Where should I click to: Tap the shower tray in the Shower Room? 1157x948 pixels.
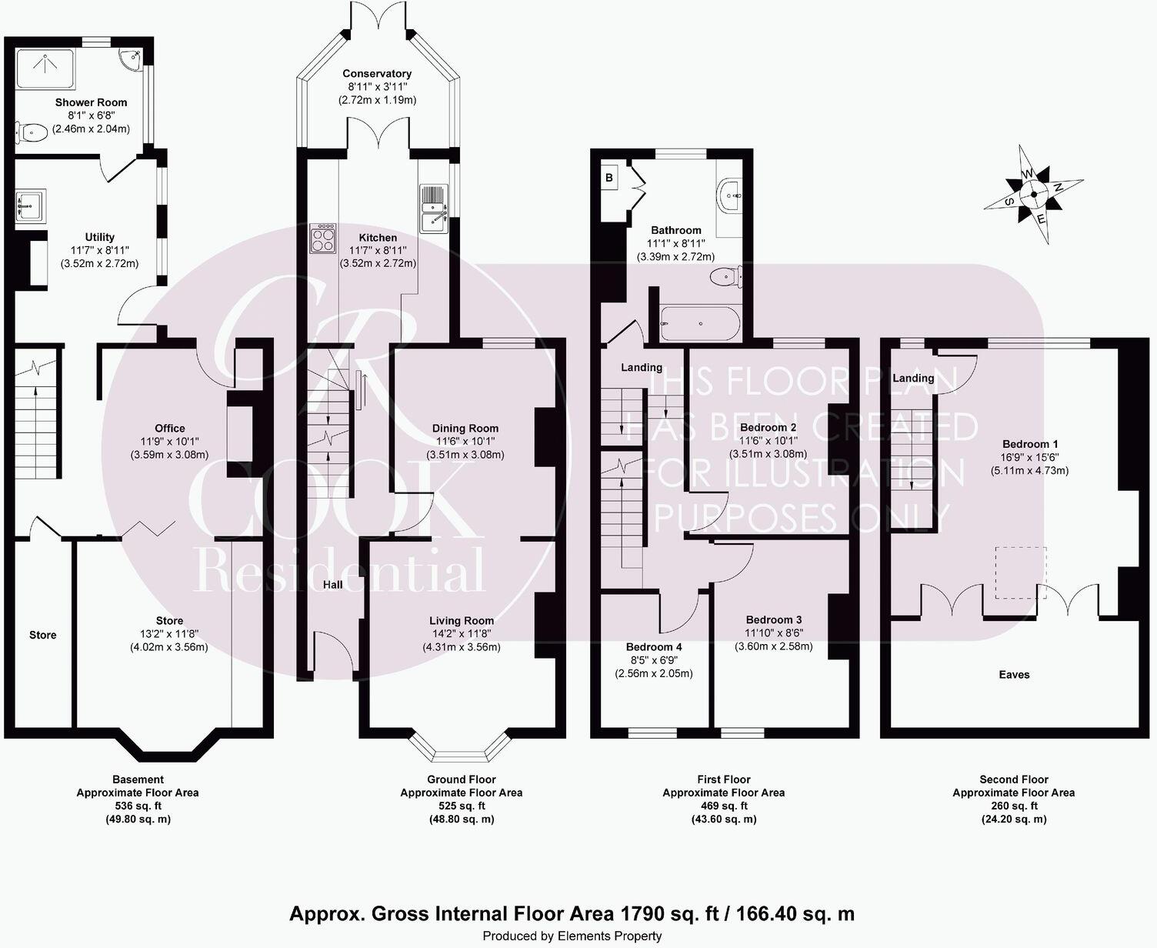45,69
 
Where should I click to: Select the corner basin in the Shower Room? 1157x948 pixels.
131,58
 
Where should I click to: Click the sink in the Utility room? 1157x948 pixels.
31,205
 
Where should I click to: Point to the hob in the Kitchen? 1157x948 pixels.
322,238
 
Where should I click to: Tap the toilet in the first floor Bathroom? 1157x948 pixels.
725,276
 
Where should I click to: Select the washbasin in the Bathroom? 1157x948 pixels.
729,195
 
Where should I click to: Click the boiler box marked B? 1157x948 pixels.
609,178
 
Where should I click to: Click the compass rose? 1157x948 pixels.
1034,194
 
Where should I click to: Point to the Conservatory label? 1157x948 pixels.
377,74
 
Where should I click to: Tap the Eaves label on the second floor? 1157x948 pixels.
1014,675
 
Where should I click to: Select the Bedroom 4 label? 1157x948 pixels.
653,647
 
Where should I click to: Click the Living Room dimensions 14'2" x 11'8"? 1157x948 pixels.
461,634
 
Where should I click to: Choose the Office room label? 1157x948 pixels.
169,429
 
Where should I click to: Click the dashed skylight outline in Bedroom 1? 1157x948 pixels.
1021,572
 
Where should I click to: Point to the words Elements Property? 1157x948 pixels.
609,936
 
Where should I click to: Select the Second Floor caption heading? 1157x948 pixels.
1014,779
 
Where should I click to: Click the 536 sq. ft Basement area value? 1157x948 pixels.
138,806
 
